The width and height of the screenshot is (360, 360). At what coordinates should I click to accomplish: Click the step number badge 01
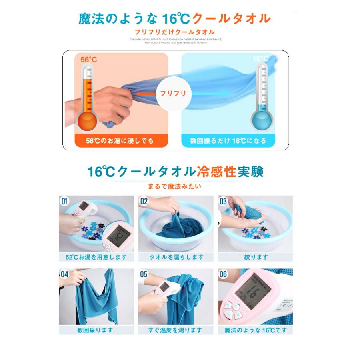64,201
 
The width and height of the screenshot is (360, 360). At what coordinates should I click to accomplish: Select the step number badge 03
223,201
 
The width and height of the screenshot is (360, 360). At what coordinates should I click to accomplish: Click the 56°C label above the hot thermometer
89,60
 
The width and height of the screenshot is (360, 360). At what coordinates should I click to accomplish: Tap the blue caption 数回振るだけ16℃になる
228,141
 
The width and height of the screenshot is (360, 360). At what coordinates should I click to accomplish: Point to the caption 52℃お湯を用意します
96,257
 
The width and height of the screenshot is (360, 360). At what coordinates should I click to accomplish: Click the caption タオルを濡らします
176,257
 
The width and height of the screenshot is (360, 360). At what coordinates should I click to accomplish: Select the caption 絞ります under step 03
255,257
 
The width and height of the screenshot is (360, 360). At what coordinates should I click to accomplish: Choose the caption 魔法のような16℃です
255,330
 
